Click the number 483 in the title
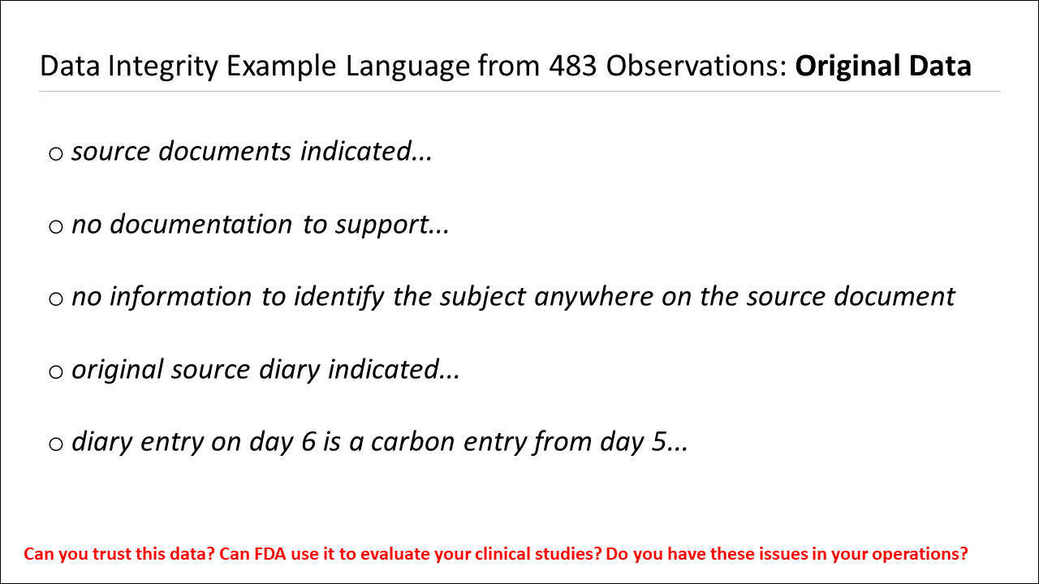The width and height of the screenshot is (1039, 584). tap(575, 66)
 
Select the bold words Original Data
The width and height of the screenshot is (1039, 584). tap(883, 66)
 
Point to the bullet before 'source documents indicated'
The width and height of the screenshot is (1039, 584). tap(56, 153)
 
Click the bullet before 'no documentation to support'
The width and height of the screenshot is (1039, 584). tap(56, 226)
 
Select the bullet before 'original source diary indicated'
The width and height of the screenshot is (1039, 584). tap(56, 372)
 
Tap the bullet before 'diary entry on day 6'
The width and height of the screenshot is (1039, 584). tap(56, 444)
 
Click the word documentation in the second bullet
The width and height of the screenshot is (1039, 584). tap(201, 225)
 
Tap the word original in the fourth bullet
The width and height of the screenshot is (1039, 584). tap(117, 370)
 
